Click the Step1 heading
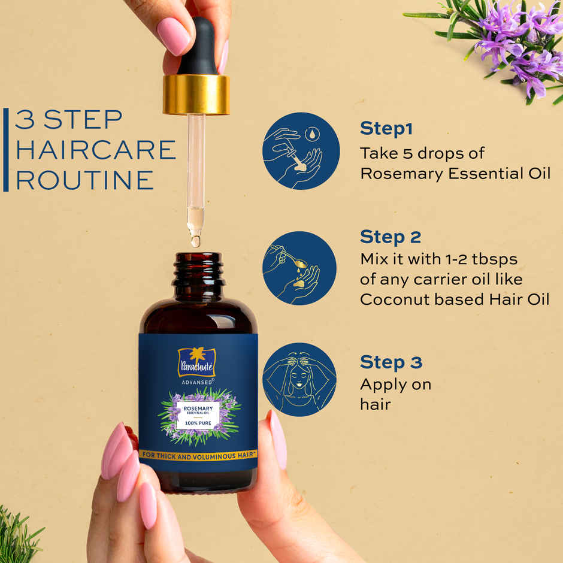point(386,129)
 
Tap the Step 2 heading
point(391,237)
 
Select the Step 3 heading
point(391,362)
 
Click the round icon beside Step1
point(301,150)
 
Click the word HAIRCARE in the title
point(95,150)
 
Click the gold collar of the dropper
point(196,94)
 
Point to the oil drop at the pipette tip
point(195,241)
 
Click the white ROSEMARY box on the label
point(198,414)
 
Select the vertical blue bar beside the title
point(6,150)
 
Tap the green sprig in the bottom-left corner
point(18,536)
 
